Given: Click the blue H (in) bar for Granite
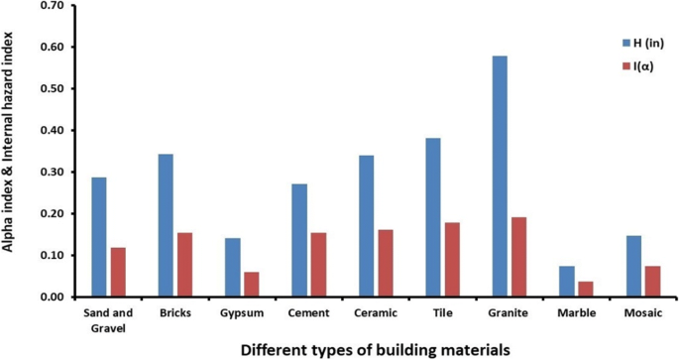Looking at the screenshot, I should point(501,177).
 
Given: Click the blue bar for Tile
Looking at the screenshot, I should point(433,217).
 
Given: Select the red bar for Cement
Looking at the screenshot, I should point(318,265).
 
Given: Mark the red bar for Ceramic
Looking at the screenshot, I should point(386,263).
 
